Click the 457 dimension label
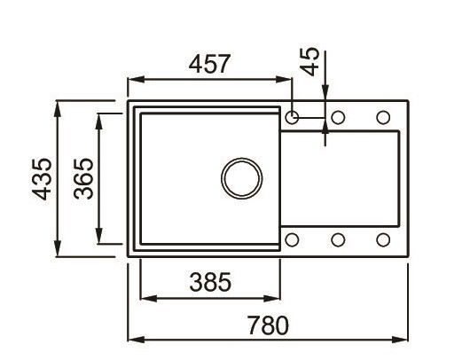point(210,65)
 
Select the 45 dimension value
point(310,63)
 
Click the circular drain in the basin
point(241,178)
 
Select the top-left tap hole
point(294,117)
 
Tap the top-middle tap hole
point(338,117)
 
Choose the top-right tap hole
point(383,117)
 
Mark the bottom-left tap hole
point(294,239)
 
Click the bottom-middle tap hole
point(338,239)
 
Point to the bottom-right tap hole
point(383,239)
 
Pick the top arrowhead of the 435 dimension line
point(59,108)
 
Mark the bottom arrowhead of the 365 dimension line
point(99,239)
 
